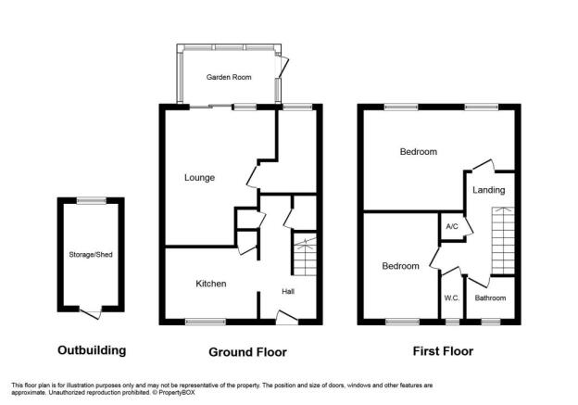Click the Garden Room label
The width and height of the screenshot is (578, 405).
tap(229, 77)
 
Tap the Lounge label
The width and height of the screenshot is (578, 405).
tap(199, 178)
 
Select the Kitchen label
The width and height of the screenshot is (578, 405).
tap(211, 284)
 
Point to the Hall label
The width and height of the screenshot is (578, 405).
tap(288, 291)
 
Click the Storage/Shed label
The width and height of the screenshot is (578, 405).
tap(91, 255)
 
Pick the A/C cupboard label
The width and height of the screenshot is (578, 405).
tap(452, 226)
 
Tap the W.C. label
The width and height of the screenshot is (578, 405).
tap(452, 298)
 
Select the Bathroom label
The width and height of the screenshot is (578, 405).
tap(490, 298)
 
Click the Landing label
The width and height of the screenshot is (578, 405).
tap(489, 190)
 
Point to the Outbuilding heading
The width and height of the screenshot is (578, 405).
tap(92, 350)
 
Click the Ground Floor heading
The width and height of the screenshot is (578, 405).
tap(247, 352)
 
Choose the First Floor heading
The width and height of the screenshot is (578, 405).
tap(443, 351)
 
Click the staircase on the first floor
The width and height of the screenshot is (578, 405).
tap(503, 240)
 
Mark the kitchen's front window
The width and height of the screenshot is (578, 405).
tap(206, 322)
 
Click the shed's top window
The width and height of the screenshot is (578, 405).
tap(92, 201)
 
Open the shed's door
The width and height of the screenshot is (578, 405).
tap(91, 313)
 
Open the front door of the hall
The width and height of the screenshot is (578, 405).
tap(287, 318)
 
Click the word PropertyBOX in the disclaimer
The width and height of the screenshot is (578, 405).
tap(177, 393)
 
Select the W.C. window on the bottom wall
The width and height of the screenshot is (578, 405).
tap(453, 322)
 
